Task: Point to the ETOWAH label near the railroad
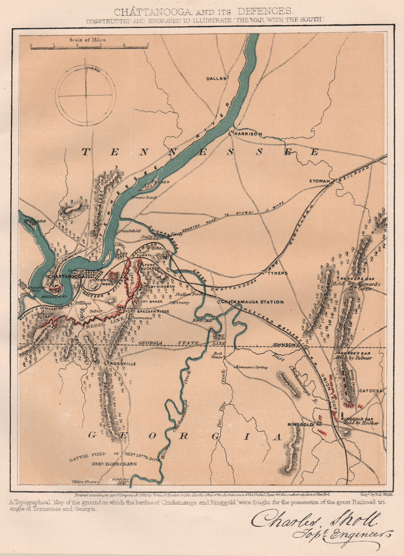coord(320,181)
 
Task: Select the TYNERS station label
coord(277,273)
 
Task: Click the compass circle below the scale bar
coord(86,96)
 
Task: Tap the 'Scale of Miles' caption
coord(87,40)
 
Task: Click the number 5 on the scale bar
coord(148,45)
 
